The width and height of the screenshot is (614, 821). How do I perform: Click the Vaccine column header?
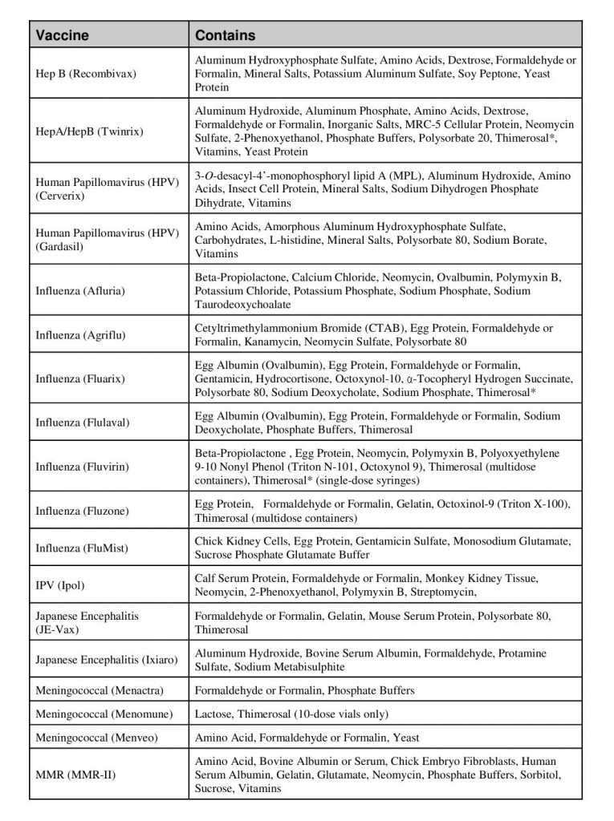click(62, 35)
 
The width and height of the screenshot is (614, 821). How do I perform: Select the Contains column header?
click(226, 35)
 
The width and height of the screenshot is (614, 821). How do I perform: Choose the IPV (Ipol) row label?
click(60, 585)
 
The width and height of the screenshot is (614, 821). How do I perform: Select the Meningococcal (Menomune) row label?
click(103, 714)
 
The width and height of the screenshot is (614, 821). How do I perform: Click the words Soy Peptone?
click(488, 74)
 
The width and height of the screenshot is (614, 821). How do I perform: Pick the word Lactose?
click(214, 714)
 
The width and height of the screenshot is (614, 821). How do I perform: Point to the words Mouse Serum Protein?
click(413, 616)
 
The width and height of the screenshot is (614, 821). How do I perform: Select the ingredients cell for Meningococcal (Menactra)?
click(385, 690)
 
